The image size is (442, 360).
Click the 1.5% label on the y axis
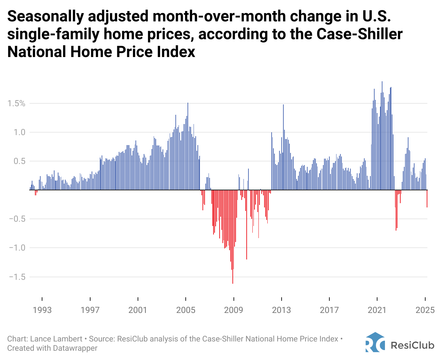[x=17, y=103]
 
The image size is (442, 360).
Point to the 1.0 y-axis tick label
[x=20, y=132]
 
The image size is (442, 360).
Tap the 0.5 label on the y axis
[x=20, y=161]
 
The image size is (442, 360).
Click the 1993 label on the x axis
[x=42, y=310]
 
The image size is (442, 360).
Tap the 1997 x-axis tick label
[x=90, y=310]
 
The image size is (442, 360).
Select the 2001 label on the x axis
[x=138, y=310]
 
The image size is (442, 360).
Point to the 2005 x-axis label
[x=186, y=310]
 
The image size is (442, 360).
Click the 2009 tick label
[x=233, y=310]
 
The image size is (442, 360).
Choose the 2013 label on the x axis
[x=282, y=310]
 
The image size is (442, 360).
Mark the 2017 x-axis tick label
[x=329, y=310]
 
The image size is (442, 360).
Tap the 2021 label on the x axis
[x=377, y=310]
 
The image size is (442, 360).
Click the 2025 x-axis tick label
[x=425, y=310]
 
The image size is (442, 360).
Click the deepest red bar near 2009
[x=233, y=250]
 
